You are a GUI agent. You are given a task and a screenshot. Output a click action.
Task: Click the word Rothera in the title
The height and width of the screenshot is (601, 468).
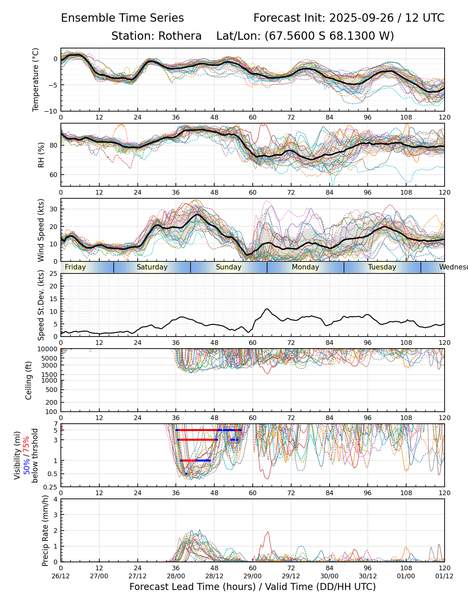point(180,36)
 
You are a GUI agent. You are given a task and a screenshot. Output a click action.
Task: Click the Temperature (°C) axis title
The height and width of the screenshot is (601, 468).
point(36,79)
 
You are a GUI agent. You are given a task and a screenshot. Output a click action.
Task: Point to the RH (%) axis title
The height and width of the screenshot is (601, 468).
point(41,155)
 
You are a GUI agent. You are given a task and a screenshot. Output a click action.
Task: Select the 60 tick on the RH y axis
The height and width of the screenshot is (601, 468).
point(53,175)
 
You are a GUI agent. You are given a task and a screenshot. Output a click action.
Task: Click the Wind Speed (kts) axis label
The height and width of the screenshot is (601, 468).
point(41,230)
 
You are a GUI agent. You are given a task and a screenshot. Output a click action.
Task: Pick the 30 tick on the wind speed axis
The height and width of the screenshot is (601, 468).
point(53,209)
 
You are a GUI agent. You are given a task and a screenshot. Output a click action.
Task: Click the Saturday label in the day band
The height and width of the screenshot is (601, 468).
point(152,267)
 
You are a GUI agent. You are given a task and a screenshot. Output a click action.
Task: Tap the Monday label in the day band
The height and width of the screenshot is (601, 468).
point(306,267)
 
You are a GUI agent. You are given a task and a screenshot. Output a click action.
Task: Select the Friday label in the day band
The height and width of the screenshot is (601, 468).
point(75,267)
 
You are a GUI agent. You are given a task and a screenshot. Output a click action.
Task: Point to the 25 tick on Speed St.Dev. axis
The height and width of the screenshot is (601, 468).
point(53,274)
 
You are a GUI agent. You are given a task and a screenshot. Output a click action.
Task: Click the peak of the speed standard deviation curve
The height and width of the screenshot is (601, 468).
point(266,309)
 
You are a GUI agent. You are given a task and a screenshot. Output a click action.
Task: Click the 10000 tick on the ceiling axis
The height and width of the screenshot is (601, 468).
point(48,349)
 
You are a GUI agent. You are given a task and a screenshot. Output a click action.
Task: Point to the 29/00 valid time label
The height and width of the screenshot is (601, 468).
point(253,576)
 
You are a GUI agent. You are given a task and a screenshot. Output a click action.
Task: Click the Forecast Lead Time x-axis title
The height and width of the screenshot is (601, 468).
point(253,587)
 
